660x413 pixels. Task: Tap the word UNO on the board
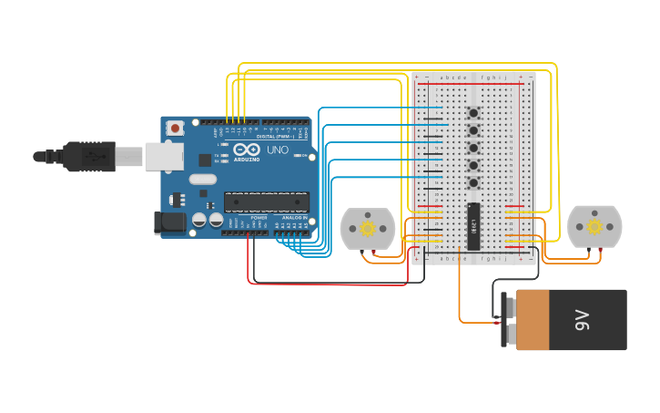[x=277, y=150]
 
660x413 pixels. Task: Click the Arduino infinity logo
[x=251, y=150]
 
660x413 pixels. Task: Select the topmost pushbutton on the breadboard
[x=473, y=113]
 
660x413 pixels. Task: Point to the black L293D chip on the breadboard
[x=473, y=225]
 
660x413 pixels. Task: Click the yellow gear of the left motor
[x=368, y=228]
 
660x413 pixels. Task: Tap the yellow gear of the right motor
[x=594, y=227]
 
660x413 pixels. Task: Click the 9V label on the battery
[x=582, y=320]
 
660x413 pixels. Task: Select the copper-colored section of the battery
[x=533, y=320]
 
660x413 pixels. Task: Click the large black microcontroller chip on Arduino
[x=267, y=204]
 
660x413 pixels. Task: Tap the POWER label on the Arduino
[x=259, y=219]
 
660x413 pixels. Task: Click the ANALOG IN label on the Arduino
[x=294, y=219]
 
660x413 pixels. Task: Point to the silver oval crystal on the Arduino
[x=203, y=180]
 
